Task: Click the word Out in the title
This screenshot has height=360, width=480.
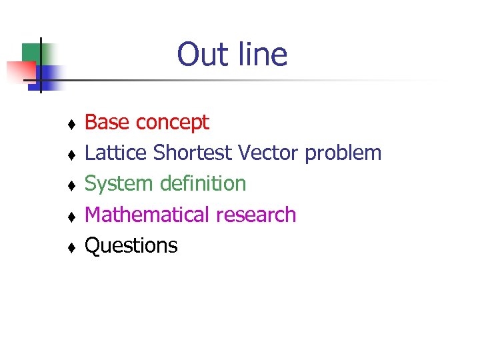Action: (x=198, y=55)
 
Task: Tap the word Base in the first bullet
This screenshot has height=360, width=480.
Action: (x=107, y=122)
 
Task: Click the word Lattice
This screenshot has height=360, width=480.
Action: (x=116, y=153)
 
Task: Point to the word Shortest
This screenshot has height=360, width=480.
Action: (x=193, y=153)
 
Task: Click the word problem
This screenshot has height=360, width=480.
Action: (x=343, y=154)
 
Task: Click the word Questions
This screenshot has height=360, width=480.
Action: (x=131, y=246)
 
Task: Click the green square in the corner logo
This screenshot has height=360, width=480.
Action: (x=31, y=53)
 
